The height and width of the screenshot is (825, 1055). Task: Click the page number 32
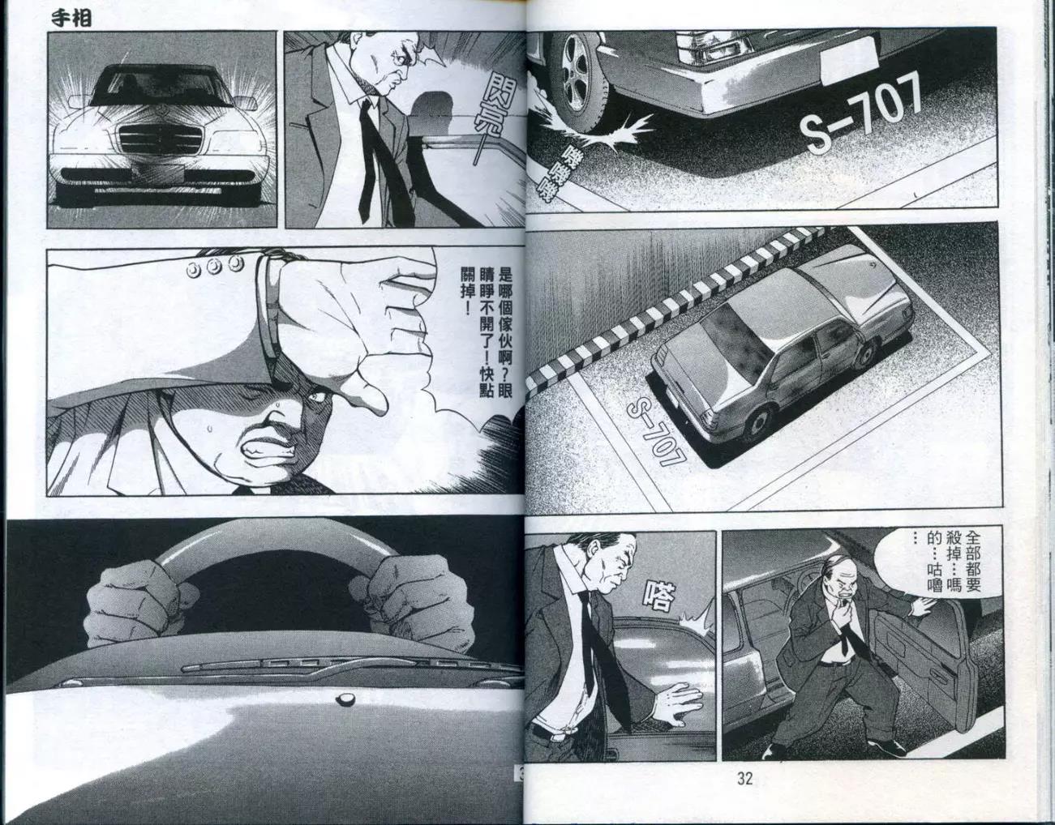(744, 780)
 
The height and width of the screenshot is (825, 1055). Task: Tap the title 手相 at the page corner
(71, 19)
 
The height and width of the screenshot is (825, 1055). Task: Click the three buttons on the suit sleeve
(217, 265)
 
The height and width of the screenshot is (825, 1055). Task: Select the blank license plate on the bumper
(849, 62)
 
